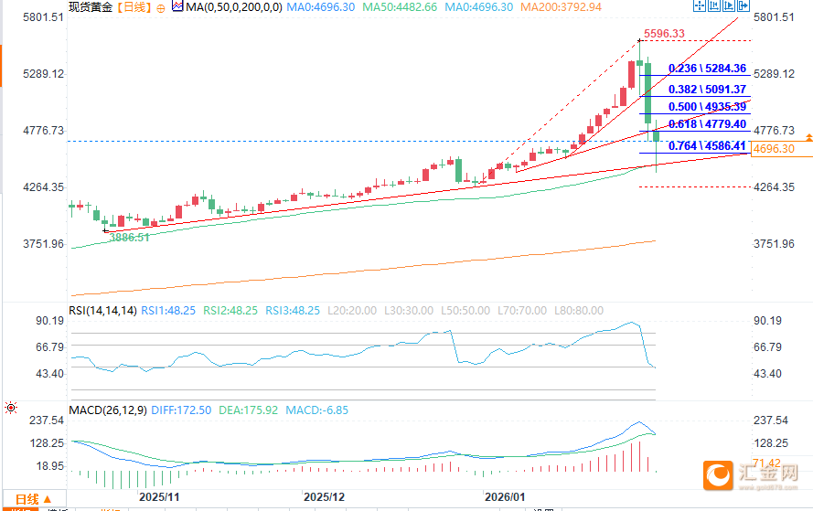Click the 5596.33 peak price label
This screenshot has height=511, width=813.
pyautogui.click(x=664, y=34)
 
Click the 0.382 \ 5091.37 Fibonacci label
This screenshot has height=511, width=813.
pyautogui.click(x=708, y=90)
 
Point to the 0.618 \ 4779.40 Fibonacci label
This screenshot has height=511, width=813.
pyautogui.click(x=708, y=124)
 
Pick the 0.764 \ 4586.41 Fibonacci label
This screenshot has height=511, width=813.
pyautogui.click(x=708, y=145)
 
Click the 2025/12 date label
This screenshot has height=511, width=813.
pyautogui.click(x=326, y=496)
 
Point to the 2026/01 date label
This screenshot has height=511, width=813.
pyautogui.click(x=506, y=496)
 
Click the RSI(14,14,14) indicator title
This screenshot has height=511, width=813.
pyautogui.click(x=102, y=311)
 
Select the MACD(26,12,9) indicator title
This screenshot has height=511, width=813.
pyautogui.click(x=106, y=411)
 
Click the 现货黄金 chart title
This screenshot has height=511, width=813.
pyautogui.click(x=91, y=7)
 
